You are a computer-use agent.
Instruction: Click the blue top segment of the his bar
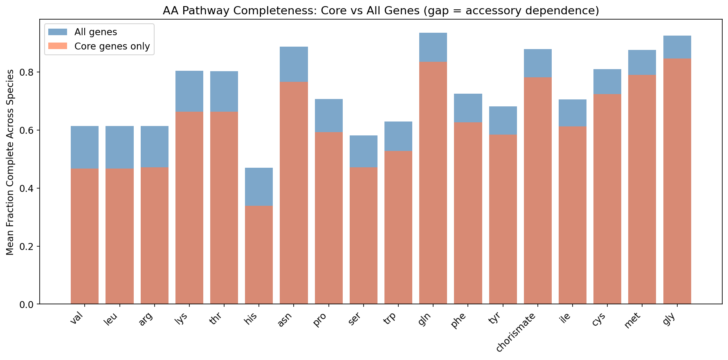tap(259, 187)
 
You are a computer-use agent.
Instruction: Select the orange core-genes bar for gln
tap(433, 184)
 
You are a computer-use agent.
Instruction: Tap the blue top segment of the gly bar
tap(677, 47)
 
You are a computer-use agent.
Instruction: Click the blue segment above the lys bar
tap(189, 91)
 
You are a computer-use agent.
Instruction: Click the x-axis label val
tap(78, 318)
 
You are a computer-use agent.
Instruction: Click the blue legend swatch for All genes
tap(58, 32)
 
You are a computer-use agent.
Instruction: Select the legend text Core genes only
tap(112, 46)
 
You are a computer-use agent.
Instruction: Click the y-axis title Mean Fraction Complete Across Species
tap(11, 162)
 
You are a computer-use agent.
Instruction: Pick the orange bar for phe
tap(468, 213)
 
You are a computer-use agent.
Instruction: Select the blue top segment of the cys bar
tap(607, 81)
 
